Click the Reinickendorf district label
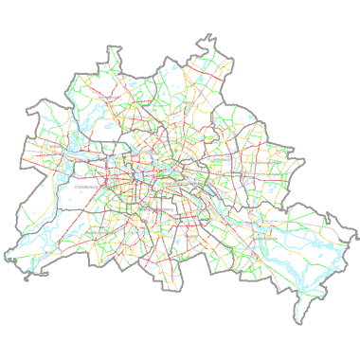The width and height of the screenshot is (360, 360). (x=112, y=97)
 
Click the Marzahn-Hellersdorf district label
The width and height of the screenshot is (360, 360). (x=268, y=163)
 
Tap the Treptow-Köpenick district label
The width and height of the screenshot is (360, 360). (x=266, y=240)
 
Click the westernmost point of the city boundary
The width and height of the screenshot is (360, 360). (x=4, y=258)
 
